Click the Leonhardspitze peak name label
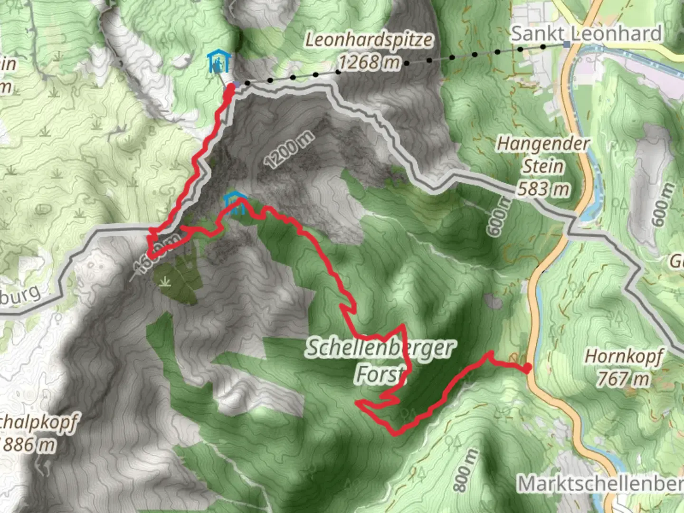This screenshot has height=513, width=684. tap(369, 40)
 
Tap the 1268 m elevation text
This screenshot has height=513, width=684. tap(369, 62)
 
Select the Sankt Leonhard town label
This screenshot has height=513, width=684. tap(586, 34)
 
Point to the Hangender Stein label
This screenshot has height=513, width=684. tap(543, 155)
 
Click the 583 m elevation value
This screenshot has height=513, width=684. tap(543, 189)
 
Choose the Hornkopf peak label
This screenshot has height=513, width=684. tap(624, 356)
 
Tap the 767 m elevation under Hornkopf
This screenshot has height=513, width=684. tap(623, 379)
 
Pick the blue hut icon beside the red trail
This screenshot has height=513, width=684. tap(235, 202)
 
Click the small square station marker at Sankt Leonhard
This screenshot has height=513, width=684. tap(566, 44)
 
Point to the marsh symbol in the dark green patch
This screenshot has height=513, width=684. tap(165, 282)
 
